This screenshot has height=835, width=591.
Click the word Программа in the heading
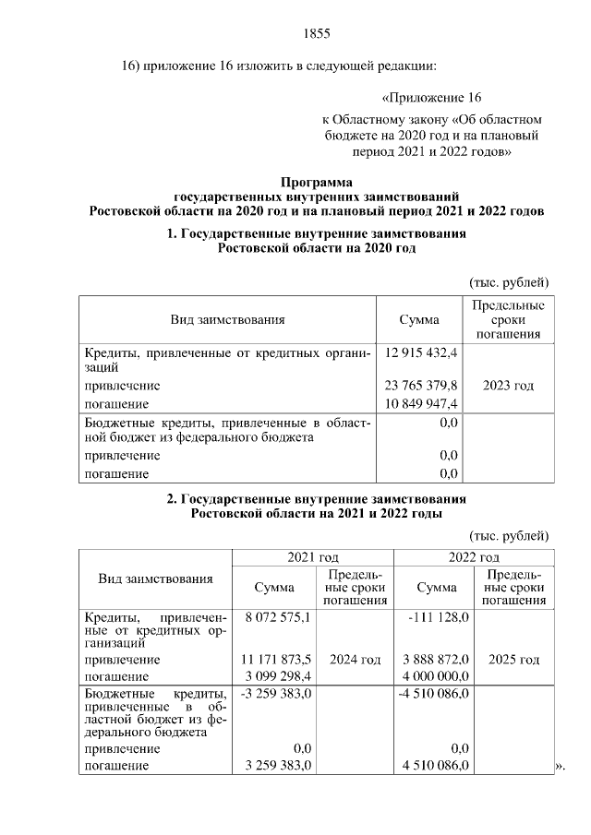point(316,182)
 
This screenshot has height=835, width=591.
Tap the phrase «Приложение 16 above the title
point(431,97)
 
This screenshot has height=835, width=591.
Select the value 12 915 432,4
point(421,352)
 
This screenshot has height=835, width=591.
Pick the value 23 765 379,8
point(421,386)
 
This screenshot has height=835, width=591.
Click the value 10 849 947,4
point(421,404)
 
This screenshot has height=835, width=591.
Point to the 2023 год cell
point(508,386)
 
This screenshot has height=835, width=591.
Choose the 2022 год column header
point(474,557)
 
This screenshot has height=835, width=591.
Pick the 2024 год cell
point(356,660)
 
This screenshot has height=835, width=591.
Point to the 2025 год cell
point(513,660)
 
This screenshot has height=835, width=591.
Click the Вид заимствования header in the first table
point(227,319)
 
